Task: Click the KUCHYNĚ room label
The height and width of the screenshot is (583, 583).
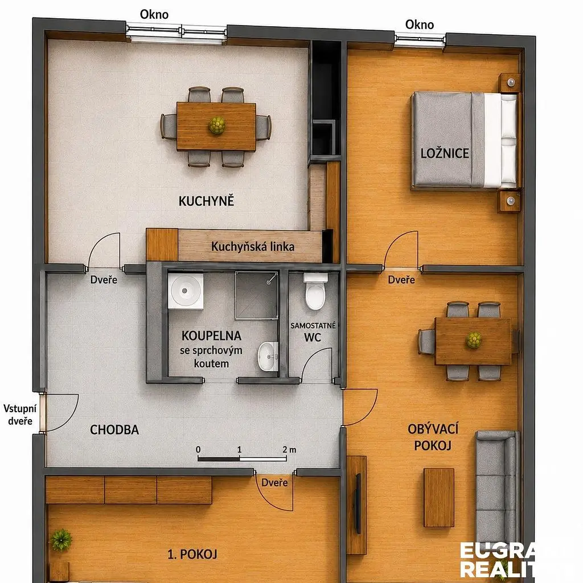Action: click(206, 201)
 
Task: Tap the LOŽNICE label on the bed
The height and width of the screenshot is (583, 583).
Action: click(445, 153)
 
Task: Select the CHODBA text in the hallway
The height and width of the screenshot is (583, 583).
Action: click(114, 430)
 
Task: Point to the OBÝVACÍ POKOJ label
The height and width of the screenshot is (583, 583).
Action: click(433, 437)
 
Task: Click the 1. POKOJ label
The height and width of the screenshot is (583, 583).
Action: click(192, 555)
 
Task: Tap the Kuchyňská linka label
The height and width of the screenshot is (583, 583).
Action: click(253, 247)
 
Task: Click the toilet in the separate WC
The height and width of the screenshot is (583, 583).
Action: click(315, 291)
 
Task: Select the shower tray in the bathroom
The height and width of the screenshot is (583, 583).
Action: click(257, 295)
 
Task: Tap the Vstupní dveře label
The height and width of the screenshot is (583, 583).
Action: click(20, 414)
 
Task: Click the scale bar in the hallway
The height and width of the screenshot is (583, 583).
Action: click(241, 459)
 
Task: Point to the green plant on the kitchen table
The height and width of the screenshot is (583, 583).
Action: click(217, 126)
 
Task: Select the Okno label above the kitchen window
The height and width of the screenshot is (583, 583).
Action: click(154, 14)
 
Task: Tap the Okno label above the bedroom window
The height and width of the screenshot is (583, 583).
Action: click(420, 24)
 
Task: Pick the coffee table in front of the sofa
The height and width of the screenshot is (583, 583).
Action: click(439, 498)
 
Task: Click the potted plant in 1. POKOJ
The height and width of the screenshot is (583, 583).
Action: click(61, 540)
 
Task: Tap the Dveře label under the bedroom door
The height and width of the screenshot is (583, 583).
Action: click(401, 280)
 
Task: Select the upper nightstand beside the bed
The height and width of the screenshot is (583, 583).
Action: click(510, 83)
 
